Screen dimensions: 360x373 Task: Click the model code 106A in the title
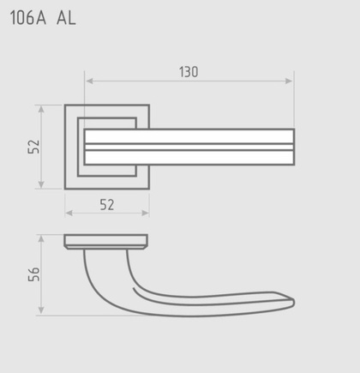(x=28, y=18)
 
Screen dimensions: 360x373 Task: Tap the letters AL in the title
(x=66, y=18)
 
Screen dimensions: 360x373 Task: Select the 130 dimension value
(x=189, y=72)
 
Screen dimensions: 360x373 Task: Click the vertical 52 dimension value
(x=33, y=147)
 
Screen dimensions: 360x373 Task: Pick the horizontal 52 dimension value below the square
(x=107, y=205)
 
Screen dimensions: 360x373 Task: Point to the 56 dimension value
(x=33, y=274)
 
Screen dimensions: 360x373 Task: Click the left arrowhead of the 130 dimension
(x=89, y=81)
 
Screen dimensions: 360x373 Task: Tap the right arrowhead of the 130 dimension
(x=289, y=81)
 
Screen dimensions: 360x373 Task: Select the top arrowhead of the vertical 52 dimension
(x=41, y=110)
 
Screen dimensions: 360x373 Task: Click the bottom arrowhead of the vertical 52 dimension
(x=41, y=184)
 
